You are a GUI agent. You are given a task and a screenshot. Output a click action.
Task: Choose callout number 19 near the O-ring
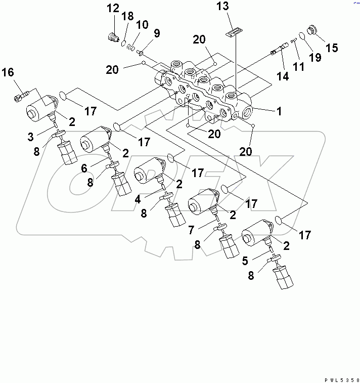[x=315, y=58]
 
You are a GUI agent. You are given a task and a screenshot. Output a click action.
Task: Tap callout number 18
[x=128, y=16]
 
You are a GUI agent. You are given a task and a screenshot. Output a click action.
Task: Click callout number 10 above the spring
[x=142, y=25]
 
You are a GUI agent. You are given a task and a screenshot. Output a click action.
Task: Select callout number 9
[x=156, y=34]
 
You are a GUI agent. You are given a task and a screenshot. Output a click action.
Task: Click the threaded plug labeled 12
[x=113, y=36]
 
